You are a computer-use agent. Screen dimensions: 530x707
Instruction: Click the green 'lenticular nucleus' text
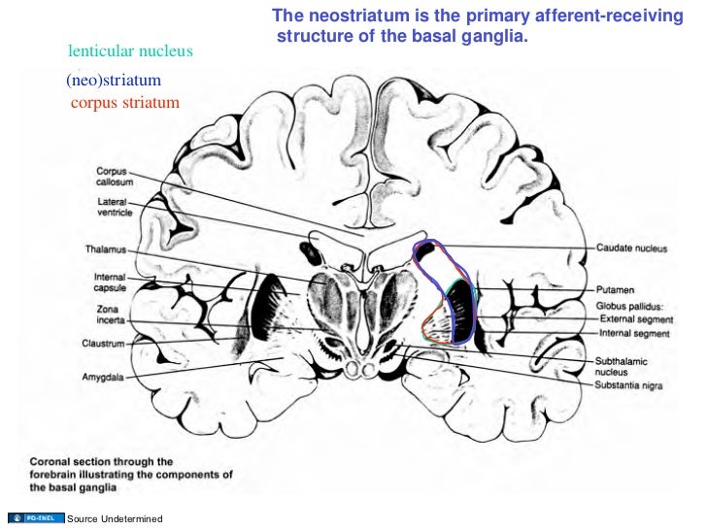[131, 50]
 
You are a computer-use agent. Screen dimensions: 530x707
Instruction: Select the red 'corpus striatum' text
[125, 102]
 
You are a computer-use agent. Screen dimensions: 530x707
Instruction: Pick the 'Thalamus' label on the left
[105, 249]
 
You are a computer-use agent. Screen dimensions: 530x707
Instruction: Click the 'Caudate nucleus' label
[631, 249]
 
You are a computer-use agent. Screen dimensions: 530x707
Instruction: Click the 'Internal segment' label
[634, 334]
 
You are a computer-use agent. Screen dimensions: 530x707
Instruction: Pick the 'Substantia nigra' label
[631, 384]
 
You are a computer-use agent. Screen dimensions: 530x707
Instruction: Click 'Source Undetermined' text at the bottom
[114, 520]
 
